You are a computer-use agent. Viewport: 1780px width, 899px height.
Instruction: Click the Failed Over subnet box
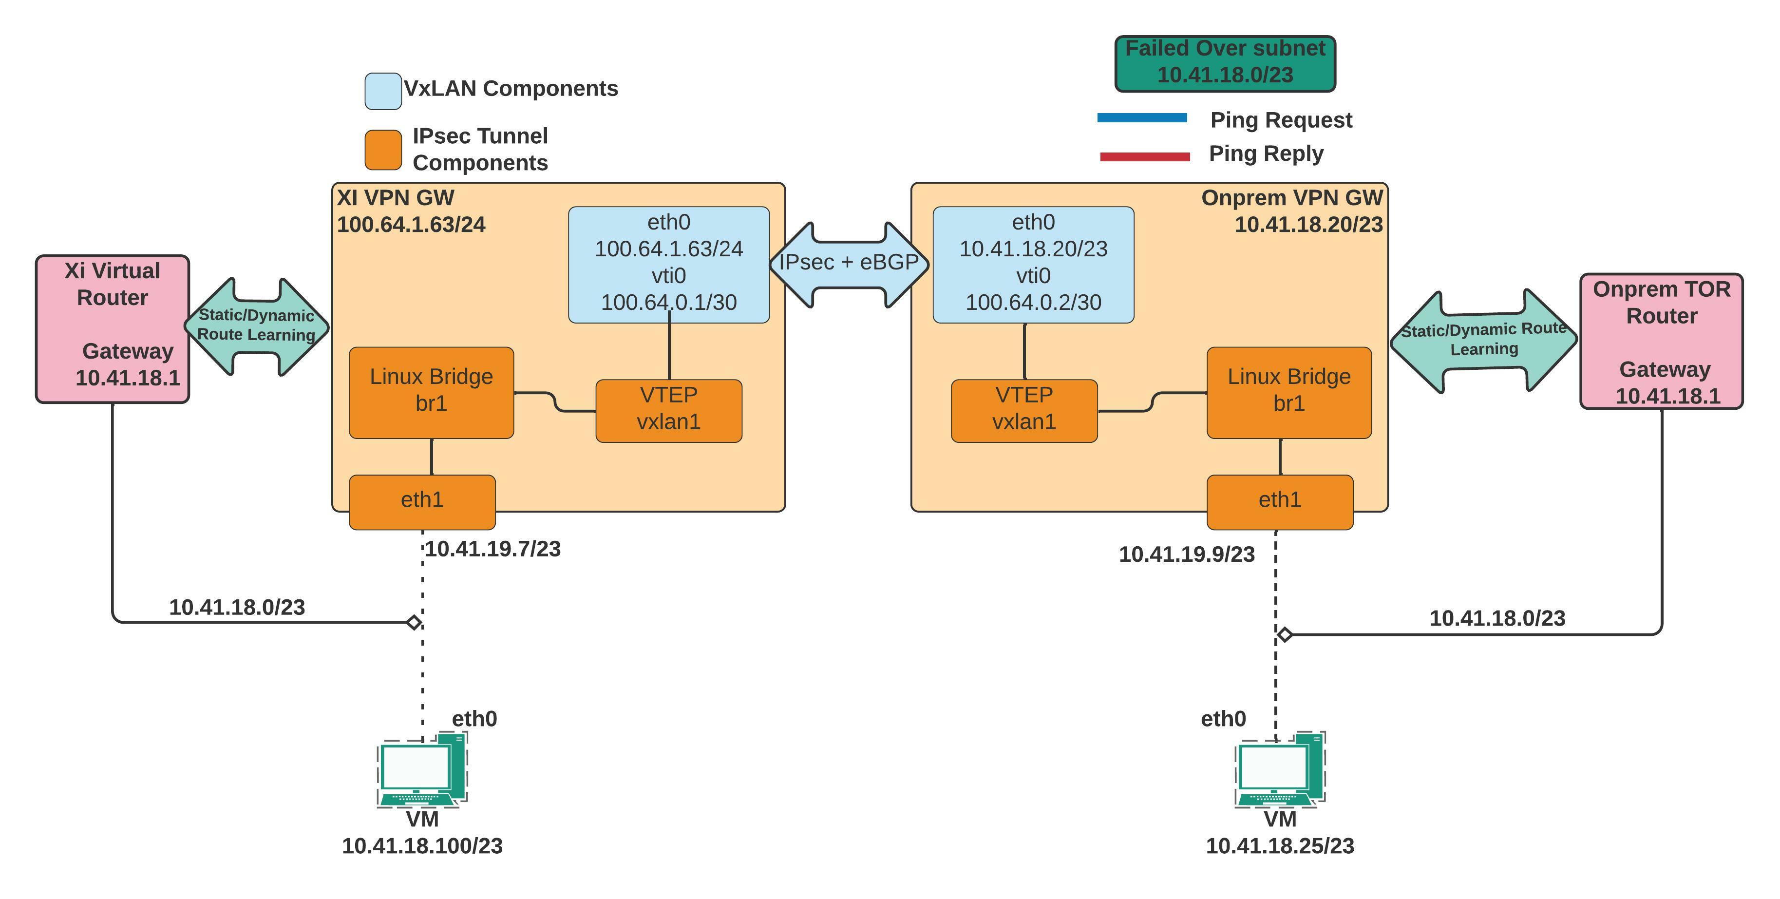[x=1225, y=63]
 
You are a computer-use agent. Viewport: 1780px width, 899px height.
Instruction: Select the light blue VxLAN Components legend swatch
[x=383, y=91]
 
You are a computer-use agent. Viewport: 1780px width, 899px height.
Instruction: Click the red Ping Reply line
[x=1144, y=157]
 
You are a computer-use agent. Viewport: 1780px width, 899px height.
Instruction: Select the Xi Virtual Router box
[x=113, y=328]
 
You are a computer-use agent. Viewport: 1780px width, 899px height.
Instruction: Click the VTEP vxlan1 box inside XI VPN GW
[x=668, y=410]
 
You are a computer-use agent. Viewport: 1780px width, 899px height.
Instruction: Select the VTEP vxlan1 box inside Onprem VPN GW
[x=1024, y=410]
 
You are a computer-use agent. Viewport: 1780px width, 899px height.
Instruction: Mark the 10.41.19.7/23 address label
[x=492, y=549]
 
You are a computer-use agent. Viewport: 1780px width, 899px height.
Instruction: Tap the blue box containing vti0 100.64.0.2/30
[x=1033, y=264]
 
